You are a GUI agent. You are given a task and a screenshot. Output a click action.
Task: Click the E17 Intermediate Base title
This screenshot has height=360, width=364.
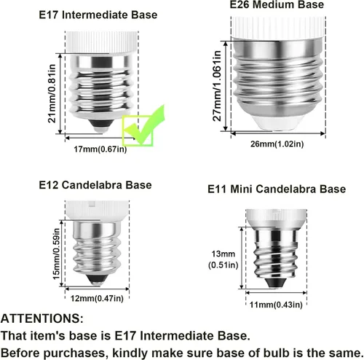(x=98, y=15)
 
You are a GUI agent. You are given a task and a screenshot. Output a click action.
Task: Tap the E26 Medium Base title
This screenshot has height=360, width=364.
(x=277, y=4)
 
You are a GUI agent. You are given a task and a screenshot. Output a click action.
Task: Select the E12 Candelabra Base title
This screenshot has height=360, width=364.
(x=95, y=185)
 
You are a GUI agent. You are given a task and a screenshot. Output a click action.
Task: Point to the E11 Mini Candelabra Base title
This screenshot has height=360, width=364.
(x=277, y=189)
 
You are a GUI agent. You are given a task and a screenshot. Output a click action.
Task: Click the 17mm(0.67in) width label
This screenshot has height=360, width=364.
(x=100, y=149)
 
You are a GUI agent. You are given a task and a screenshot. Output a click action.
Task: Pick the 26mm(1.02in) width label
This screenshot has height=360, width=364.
(x=277, y=144)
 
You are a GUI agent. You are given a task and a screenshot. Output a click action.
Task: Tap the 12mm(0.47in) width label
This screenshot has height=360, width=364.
(x=97, y=298)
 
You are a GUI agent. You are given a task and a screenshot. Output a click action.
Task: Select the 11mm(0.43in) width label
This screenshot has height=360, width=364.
(x=276, y=305)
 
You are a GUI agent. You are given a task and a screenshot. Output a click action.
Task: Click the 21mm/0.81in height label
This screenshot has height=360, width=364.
(x=52, y=93)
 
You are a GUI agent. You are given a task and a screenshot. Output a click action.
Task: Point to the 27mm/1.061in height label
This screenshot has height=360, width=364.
(x=217, y=86)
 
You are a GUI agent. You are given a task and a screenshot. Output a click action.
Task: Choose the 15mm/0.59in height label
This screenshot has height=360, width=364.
(x=56, y=254)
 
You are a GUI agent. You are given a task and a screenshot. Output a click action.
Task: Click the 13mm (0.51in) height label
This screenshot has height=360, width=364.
(x=223, y=259)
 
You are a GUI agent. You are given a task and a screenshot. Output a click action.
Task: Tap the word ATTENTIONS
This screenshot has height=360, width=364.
(x=42, y=318)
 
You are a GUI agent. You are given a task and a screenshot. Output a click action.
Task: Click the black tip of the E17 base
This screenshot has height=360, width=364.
(x=101, y=124)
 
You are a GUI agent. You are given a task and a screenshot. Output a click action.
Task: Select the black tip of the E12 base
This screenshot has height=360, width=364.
(x=97, y=279)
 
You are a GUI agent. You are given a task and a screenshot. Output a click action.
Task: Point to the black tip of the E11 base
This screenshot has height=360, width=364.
(x=275, y=283)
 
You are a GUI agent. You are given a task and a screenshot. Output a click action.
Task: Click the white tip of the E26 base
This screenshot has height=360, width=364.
(x=277, y=122)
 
